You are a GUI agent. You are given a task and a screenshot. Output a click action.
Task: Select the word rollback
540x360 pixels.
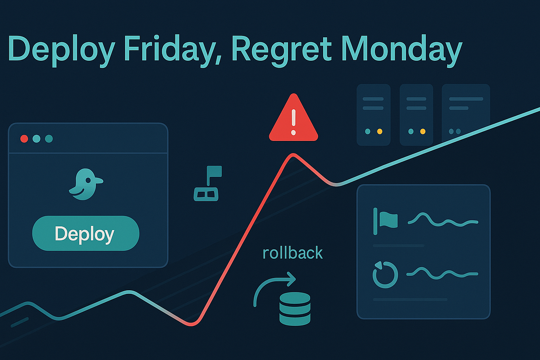[292, 252]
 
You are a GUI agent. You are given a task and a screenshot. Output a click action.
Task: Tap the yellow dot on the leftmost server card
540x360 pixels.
[379, 131]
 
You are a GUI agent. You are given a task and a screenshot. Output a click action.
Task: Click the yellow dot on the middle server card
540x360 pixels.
[423, 131]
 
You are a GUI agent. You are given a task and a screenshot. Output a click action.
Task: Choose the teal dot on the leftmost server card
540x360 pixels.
[368, 131]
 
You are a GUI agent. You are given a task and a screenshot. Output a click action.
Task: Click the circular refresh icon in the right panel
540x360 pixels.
[386, 275]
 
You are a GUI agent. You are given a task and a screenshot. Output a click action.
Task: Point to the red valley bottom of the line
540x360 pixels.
[192, 324]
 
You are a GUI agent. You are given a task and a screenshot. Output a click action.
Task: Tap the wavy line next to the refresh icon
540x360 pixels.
[442, 273]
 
